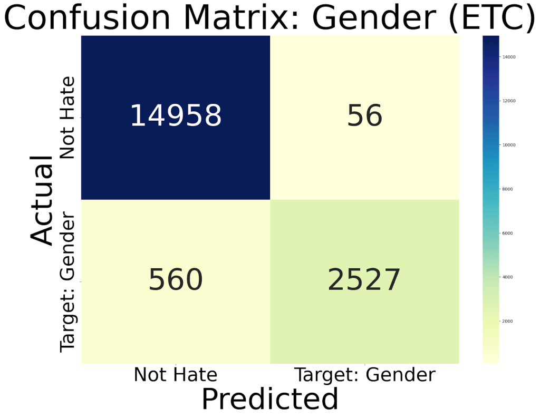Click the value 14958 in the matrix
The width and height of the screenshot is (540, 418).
pyautogui.click(x=176, y=115)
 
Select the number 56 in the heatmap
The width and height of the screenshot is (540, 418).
pyautogui.click(x=364, y=115)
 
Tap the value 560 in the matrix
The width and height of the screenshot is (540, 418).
pyautogui.click(x=176, y=279)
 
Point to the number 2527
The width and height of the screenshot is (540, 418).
pyautogui.click(x=364, y=279)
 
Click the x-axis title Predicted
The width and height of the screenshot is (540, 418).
pyautogui.click(x=269, y=398)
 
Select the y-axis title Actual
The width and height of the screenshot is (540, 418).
pyautogui.click(x=41, y=200)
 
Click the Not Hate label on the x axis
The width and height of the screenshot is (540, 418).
pyautogui.click(x=175, y=374)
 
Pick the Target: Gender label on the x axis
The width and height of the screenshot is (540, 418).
pyautogui.click(x=365, y=375)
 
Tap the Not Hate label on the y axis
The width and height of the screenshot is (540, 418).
pyautogui.click(x=67, y=118)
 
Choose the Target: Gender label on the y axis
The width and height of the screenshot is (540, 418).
pyautogui.click(x=67, y=281)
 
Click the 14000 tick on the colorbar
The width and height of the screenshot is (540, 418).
pyautogui.click(x=509, y=57)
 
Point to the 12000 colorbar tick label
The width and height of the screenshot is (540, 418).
pyautogui.click(x=509, y=101)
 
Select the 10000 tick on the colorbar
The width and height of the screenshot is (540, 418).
pyautogui.click(x=509, y=145)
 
